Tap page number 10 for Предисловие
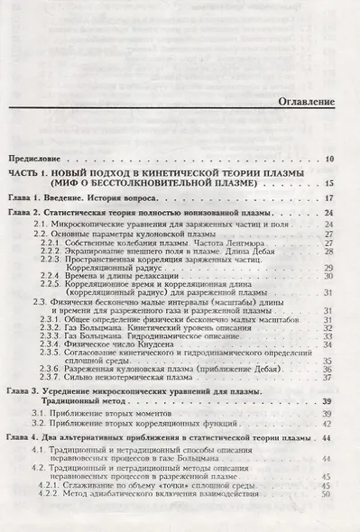pyautogui.click(x=329, y=160)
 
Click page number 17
pyautogui.click(x=329, y=197)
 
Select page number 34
pyautogui.click(x=329, y=344)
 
